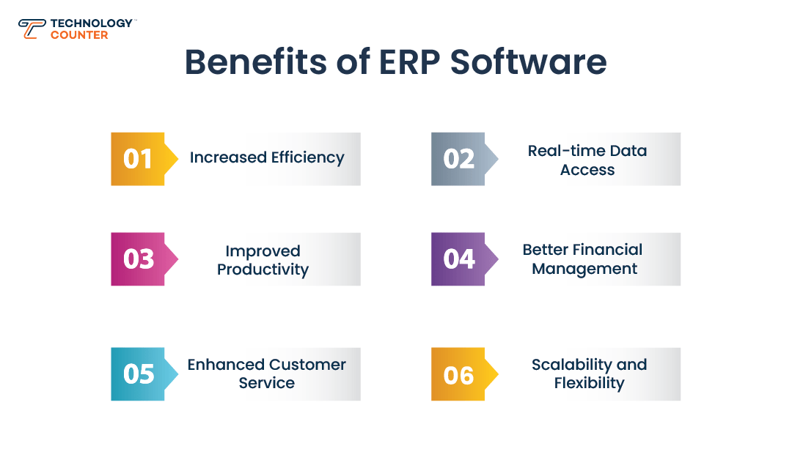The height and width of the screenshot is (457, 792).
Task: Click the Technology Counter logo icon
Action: tap(32, 29)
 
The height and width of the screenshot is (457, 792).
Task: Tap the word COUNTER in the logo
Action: tap(79, 35)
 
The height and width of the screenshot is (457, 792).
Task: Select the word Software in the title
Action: tap(528, 62)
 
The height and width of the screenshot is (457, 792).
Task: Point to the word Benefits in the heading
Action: tap(256, 62)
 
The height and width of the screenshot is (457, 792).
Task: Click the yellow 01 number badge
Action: tap(144, 159)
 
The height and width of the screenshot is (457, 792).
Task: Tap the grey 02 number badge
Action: tap(465, 159)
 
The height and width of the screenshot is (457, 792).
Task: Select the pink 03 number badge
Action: tap(144, 259)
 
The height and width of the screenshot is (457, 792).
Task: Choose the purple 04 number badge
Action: tap(465, 259)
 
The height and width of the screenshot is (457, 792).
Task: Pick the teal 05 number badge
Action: tap(144, 374)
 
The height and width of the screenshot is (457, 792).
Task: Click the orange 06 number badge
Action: tap(465, 374)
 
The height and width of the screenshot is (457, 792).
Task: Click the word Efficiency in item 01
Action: tap(307, 158)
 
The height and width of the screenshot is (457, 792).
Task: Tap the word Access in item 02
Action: tap(587, 170)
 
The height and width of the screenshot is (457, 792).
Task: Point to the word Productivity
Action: tap(263, 270)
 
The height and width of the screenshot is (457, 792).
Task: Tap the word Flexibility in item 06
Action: tap(589, 383)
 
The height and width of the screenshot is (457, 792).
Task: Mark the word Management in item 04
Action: tap(584, 269)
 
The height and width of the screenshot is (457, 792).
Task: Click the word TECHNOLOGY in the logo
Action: tap(92, 23)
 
